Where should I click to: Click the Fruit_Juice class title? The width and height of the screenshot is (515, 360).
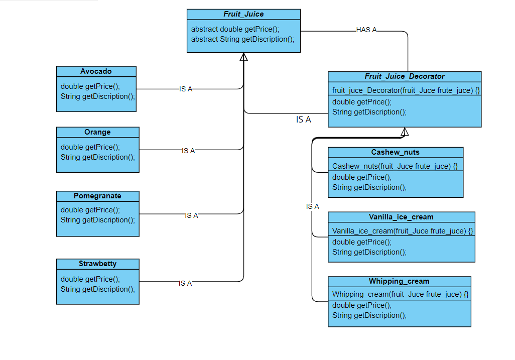coord(243,14)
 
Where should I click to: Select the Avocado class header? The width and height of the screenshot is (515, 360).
coord(96,71)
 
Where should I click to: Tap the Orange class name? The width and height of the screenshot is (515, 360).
coord(97,132)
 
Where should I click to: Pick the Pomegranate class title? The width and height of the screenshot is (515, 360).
coord(97,196)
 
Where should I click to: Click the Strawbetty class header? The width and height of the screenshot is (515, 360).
coord(97,264)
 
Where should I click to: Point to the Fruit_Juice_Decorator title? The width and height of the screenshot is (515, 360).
coord(404,76)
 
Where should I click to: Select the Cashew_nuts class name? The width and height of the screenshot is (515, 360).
coord(395,152)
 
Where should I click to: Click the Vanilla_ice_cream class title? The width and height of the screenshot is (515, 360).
coord(401,217)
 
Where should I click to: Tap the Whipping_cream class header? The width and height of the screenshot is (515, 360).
coord(399,281)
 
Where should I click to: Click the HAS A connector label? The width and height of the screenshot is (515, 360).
coord(366,30)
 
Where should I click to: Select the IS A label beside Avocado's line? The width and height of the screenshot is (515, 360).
coord(186,89)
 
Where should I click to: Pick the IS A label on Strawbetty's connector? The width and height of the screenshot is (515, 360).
coord(185,283)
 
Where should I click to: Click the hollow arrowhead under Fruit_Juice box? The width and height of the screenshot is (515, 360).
coord(244,57)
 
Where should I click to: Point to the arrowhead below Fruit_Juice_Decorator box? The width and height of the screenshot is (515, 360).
coord(405,132)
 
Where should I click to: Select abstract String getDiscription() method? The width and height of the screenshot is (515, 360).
coord(242,39)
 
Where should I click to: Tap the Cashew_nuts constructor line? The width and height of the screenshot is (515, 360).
coord(395,166)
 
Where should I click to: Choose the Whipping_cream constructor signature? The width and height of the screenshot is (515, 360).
coord(400,294)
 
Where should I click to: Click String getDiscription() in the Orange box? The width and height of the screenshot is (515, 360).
coord(98,157)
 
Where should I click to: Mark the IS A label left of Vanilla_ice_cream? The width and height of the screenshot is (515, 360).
coord(312,206)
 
